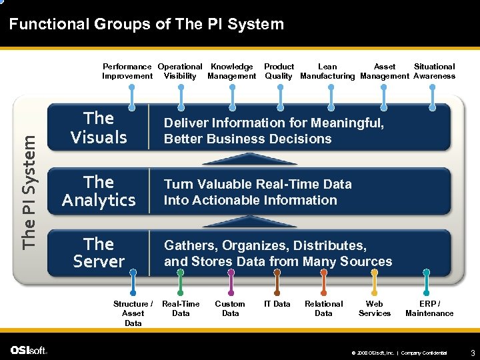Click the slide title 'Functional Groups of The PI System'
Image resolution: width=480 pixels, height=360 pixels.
coord(147,25)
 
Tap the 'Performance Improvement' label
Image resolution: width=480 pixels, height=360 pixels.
coord(127,71)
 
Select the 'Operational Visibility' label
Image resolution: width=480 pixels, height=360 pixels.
coord(180,71)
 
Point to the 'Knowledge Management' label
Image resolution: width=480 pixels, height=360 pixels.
coord(231,71)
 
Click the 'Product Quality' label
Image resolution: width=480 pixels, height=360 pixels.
coord(279,71)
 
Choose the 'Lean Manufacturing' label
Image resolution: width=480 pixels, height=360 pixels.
coord(327,71)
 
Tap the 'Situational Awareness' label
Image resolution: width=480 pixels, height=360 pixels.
coord(434,71)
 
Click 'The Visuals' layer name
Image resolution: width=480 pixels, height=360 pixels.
coord(99,128)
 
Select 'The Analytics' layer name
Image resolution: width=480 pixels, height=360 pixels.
coord(99,191)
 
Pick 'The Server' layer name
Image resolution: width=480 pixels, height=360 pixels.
coord(99,253)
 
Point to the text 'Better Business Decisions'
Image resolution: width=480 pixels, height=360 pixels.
coord(247,139)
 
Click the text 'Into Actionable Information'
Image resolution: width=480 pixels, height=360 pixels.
coord(250,200)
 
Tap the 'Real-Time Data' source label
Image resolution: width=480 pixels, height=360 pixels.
coord(181,308)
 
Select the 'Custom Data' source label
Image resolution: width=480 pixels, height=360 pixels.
coord(230,308)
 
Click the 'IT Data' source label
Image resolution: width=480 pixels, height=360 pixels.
coord(277,304)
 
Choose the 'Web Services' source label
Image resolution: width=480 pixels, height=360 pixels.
coord(375,308)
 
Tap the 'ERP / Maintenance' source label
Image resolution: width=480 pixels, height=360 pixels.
coord(429,308)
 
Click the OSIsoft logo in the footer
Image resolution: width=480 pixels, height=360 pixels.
coord(29,350)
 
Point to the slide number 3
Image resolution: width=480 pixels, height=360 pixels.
coord(472,351)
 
